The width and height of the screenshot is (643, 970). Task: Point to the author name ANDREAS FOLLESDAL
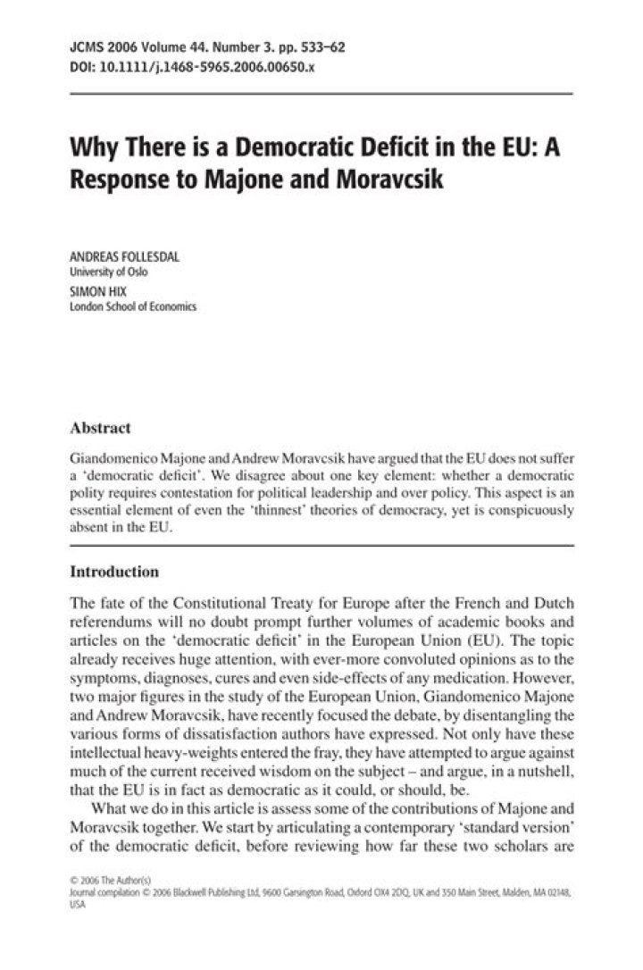point(124,256)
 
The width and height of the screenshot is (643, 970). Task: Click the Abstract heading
point(100,428)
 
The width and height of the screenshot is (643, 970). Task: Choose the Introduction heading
point(114,571)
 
